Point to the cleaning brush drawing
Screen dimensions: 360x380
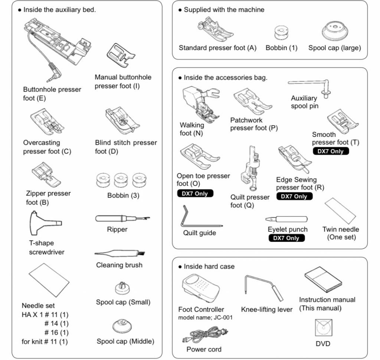[119, 254]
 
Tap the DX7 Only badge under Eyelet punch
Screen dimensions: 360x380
[286, 238]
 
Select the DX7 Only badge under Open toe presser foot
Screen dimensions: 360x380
[195, 193]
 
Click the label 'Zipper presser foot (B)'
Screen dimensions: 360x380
[48, 198]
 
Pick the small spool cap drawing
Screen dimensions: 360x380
[123, 287]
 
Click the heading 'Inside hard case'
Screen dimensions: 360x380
[209, 266]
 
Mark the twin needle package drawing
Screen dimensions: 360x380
[340, 211]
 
